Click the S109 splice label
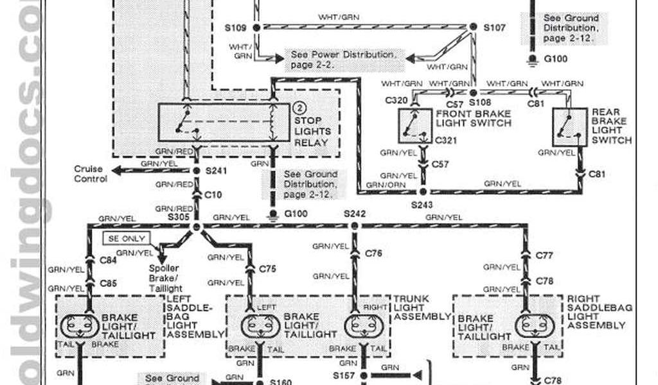[x=235, y=28]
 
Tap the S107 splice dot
[x=473, y=28]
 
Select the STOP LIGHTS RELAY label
[x=312, y=131]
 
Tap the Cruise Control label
[x=91, y=174]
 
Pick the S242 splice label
[x=354, y=214]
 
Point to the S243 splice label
[x=423, y=205]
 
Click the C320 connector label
[x=396, y=100]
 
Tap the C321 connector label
[x=444, y=139]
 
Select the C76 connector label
[x=374, y=253]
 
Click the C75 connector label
[x=268, y=269]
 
